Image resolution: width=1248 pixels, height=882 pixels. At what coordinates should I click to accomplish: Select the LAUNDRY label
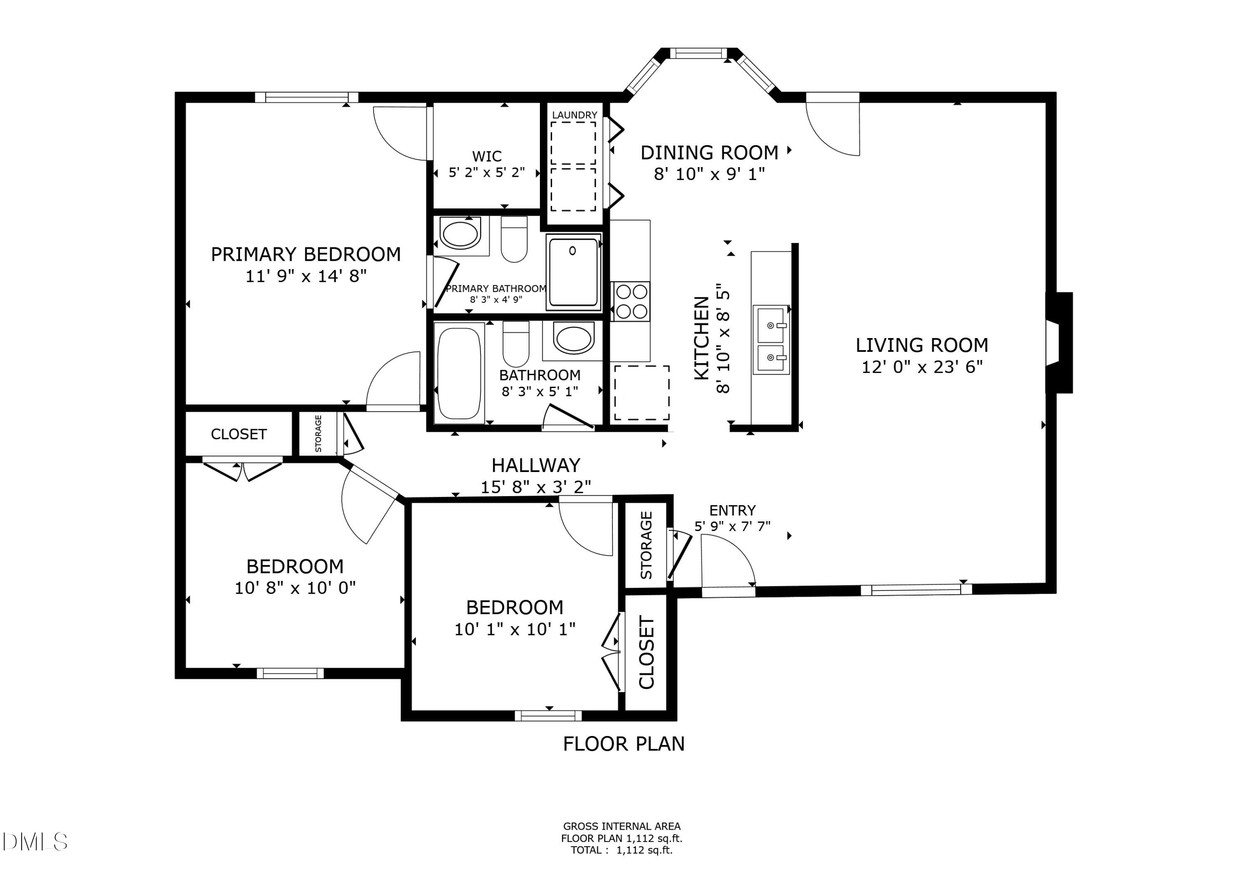click(x=574, y=115)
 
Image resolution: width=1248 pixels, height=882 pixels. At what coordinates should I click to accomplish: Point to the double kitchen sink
click(x=771, y=340)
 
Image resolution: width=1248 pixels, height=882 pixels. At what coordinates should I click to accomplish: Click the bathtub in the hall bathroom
click(x=459, y=373)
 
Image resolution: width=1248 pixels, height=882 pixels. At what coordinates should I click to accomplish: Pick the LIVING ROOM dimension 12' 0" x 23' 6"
click(x=922, y=367)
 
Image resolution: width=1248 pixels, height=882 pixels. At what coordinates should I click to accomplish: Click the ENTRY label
click(x=732, y=510)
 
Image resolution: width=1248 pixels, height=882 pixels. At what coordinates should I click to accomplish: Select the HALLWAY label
click(x=536, y=465)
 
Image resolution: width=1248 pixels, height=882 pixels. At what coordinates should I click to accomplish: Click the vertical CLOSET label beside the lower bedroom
click(x=646, y=652)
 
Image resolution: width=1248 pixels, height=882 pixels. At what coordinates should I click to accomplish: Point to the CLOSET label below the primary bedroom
click(x=239, y=434)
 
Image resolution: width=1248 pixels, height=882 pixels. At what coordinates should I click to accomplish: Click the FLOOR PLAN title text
click(x=624, y=744)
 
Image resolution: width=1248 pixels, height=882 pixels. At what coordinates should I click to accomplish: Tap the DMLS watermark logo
click(x=34, y=842)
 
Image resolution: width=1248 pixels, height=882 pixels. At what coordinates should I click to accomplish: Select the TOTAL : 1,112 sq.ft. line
click(x=621, y=850)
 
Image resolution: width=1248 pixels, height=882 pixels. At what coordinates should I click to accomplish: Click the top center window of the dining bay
click(x=698, y=53)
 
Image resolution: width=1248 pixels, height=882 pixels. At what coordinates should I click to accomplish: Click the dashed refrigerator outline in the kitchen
click(x=641, y=393)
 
